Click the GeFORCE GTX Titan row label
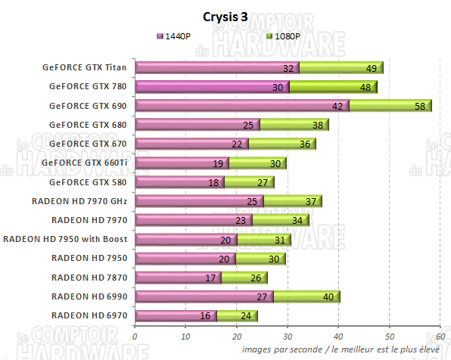[x=86, y=67]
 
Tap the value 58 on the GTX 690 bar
[x=420, y=106]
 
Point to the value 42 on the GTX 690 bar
[x=338, y=106]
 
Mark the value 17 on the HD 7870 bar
[x=211, y=278]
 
